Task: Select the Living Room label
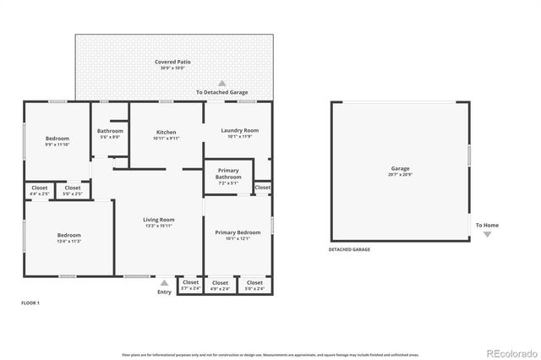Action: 159,222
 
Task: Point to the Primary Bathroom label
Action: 228,173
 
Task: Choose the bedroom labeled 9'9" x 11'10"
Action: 57,141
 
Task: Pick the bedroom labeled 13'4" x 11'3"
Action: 68,237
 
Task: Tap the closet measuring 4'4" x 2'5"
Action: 40,190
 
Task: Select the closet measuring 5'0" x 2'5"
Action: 73,190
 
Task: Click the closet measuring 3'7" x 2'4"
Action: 190,285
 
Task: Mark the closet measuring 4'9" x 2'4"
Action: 220,285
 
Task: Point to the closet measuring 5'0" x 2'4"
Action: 254,285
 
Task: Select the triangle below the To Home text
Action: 487,235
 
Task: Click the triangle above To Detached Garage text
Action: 222,83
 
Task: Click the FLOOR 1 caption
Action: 31,302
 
